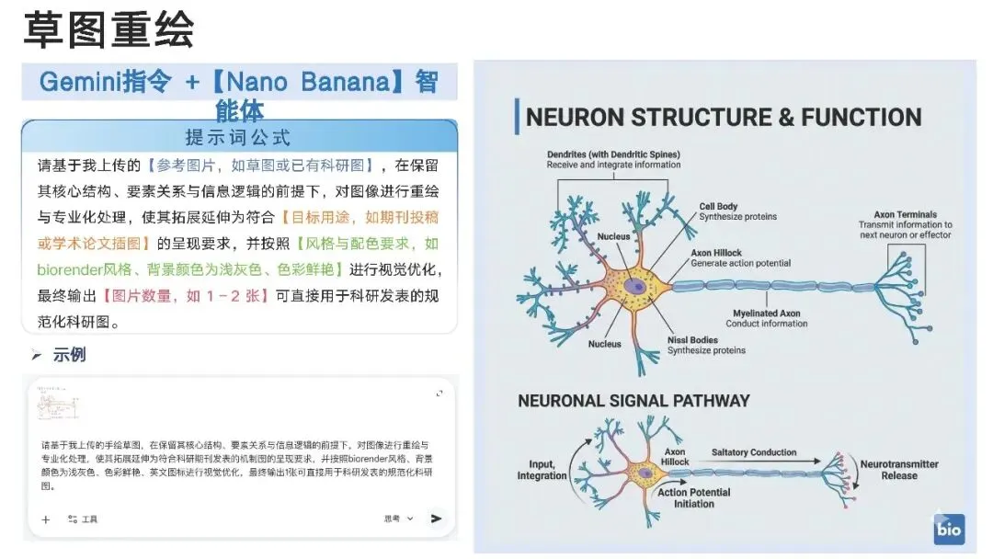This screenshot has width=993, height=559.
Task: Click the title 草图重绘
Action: coord(108,30)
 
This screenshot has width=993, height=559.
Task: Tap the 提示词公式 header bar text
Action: coord(238,138)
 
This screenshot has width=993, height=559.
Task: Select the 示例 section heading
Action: coord(69,355)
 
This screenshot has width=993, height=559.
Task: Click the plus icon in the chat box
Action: coord(46,519)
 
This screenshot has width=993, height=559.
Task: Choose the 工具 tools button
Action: coord(83,519)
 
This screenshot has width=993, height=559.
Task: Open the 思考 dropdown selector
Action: coord(398,519)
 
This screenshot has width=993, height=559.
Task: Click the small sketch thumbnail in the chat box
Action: coord(57,405)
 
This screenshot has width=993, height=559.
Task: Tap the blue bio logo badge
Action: coord(949,530)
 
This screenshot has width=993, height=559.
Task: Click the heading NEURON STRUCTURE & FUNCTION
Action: coord(723,118)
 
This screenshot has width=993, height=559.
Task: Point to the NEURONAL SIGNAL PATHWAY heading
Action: coord(633,401)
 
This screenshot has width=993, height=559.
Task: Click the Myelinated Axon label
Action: coord(766,318)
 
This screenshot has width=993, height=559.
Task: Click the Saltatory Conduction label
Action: coord(754,452)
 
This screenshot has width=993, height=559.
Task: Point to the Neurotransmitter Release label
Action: coord(898,470)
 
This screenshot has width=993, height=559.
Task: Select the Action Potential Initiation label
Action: coord(693,497)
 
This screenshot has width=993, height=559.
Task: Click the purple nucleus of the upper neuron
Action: coord(634,286)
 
